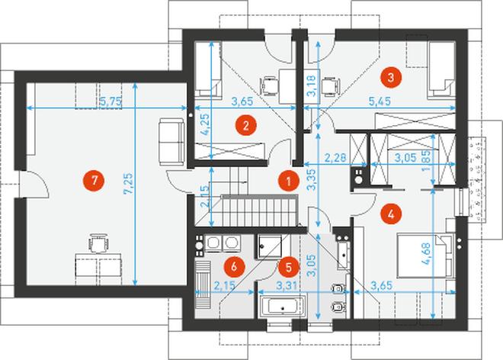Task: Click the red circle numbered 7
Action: pos(94,181)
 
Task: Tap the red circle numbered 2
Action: pos(245,125)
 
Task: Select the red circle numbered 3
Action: pos(391,77)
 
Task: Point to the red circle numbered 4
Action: pos(391,214)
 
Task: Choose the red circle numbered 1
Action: pos(288,182)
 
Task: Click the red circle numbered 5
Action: pos(288,267)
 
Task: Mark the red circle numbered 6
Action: pos(234,266)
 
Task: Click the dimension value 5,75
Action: pos(111,101)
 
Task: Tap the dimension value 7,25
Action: pos(129,184)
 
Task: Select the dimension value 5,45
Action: pos(380,101)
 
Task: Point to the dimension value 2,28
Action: pos(335,158)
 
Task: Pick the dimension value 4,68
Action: pos(427,254)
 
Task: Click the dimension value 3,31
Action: pos(287,285)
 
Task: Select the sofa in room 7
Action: pos(171,142)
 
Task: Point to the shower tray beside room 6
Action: pos(269,246)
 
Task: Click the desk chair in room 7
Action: pos(98,244)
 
